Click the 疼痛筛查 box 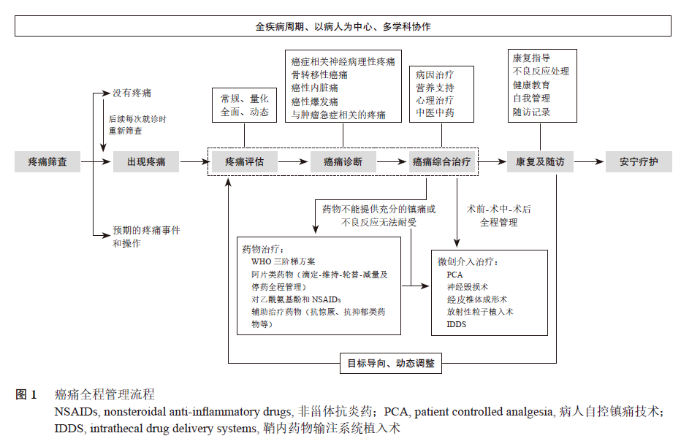pyautogui.click(x=47, y=161)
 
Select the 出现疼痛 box pyautogui.click(x=146, y=161)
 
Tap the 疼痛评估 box pyautogui.click(x=244, y=161)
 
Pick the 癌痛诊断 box pyautogui.click(x=343, y=161)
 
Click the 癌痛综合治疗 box pyautogui.click(x=441, y=161)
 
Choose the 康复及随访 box pyautogui.click(x=540, y=161)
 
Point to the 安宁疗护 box pyautogui.click(x=639, y=161)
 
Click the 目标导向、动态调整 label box pyautogui.click(x=391, y=362)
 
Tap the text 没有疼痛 pyautogui.click(x=132, y=93)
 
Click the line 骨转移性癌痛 pyautogui.click(x=319, y=74)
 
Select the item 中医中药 pyautogui.click(x=435, y=113)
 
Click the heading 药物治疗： pyautogui.click(x=268, y=248)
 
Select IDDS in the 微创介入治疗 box pyautogui.click(x=457, y=324)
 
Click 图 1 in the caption pyautogui.click(x=26, y=395)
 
